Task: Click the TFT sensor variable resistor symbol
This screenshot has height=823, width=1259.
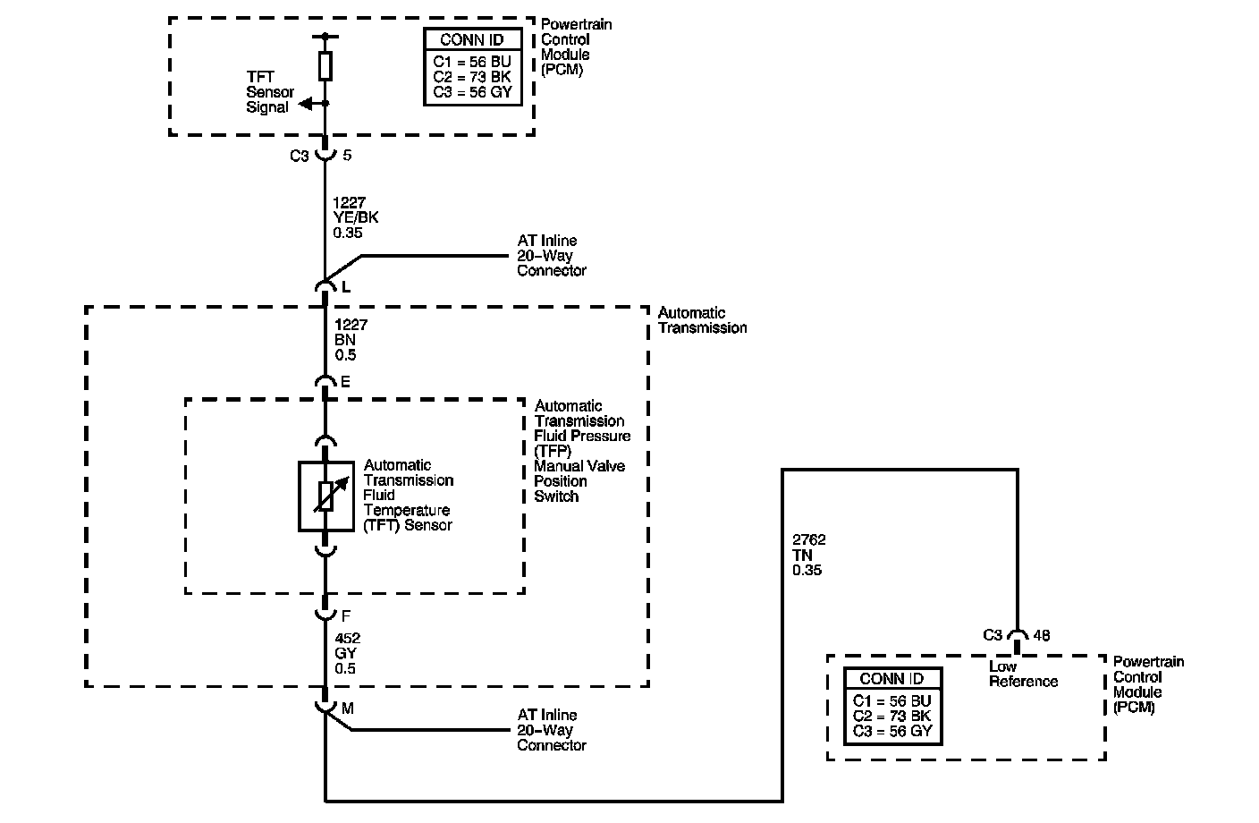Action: pyautogui.click(x=325, y=496)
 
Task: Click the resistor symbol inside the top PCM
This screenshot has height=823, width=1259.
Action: pyautogui.click(x=325, y=65)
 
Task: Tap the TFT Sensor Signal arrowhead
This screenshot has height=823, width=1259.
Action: pyautogui.click(x=304, y=104)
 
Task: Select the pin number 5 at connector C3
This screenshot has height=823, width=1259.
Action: pyautogui.click(x=347, y=156)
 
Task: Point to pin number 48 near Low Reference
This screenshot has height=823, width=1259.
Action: pyautogui.click(x=1042, y=635)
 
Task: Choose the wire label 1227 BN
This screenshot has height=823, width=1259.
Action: pyautogui.click(x=351, y=340)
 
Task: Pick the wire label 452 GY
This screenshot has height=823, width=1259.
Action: pyautogui.click(x=347, y=654)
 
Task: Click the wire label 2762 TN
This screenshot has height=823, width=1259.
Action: pyautogui.click(x=808, y=555)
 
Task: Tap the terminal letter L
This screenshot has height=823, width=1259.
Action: pyautogui.click(x=346, y=287)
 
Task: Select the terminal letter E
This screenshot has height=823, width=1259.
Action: pyautogui.click(x=346, y=382)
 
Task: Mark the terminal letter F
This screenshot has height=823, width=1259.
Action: pyautogui.click(x=346, y=616)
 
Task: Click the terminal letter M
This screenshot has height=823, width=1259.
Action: pyautogui.click(x=348, y=708)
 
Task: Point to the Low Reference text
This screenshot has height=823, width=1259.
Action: pyautogui.click(x=1023, y=674)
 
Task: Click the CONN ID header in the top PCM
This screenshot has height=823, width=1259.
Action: pyautogui.click(x=472, y=40)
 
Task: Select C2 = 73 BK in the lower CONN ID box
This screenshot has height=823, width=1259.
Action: pyautogui.click(x=891, y=716)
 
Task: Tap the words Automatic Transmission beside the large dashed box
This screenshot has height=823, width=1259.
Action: pyautogui.click(x=702, y=320)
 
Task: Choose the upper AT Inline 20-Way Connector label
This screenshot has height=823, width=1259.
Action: pyautogui.click(x=552, y=256)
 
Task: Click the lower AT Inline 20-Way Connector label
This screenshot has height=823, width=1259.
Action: pyautogui.click(x=552, y=730)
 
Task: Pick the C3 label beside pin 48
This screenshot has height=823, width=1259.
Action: pyautogui.click(x=993, y=635)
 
